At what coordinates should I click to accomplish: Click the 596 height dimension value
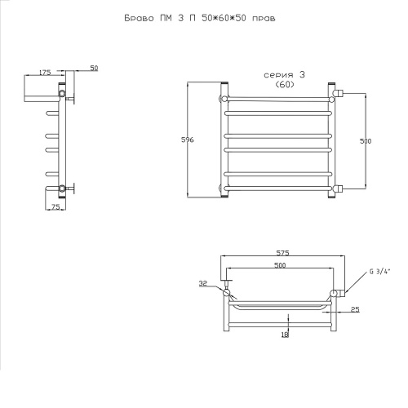tap(188, 140)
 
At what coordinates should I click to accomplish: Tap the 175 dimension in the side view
tap(45, 73)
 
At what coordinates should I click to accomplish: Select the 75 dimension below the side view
tap(55, 207)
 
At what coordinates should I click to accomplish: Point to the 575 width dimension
tap(282, 253)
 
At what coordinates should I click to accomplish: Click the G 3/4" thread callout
tap(379, 272)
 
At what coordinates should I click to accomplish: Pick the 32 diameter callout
tap(203, 283)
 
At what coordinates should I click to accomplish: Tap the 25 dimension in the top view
tap(355, 309)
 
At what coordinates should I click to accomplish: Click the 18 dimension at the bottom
tap(285, 335)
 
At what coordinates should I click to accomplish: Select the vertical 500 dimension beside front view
tap(366, 141)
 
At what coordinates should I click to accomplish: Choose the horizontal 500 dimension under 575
tap(280, 265)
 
